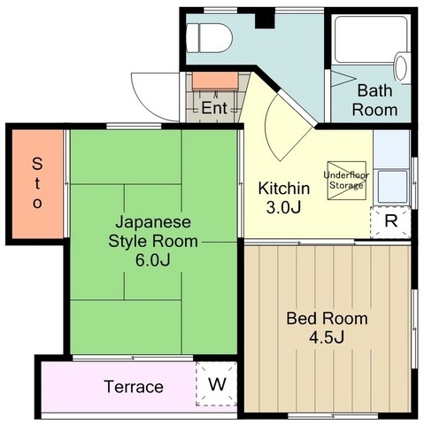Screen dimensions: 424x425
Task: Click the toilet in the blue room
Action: coord(210,38)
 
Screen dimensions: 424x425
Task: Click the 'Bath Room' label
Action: coord(374,100)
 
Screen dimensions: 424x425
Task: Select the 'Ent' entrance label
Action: coord(214,108)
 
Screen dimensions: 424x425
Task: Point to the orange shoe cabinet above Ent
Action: coord(215,81)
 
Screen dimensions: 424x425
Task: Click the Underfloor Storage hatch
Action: coord(347,181)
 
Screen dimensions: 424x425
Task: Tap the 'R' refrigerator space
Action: coord(390,222)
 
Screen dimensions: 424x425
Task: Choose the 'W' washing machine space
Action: coord(217,383)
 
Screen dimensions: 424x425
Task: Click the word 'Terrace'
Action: coord(134,387)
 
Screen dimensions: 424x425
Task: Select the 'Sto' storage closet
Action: coord(37,183)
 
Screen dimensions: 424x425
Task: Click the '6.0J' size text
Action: coord(152,260)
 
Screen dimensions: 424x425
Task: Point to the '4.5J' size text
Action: coord(327,337)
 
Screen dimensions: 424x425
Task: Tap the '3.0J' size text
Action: coord(283,207)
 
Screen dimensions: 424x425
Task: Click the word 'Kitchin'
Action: coord(284,189)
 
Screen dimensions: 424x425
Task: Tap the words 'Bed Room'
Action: coord(327,319)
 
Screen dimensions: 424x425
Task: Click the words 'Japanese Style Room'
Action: coord(153,231)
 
